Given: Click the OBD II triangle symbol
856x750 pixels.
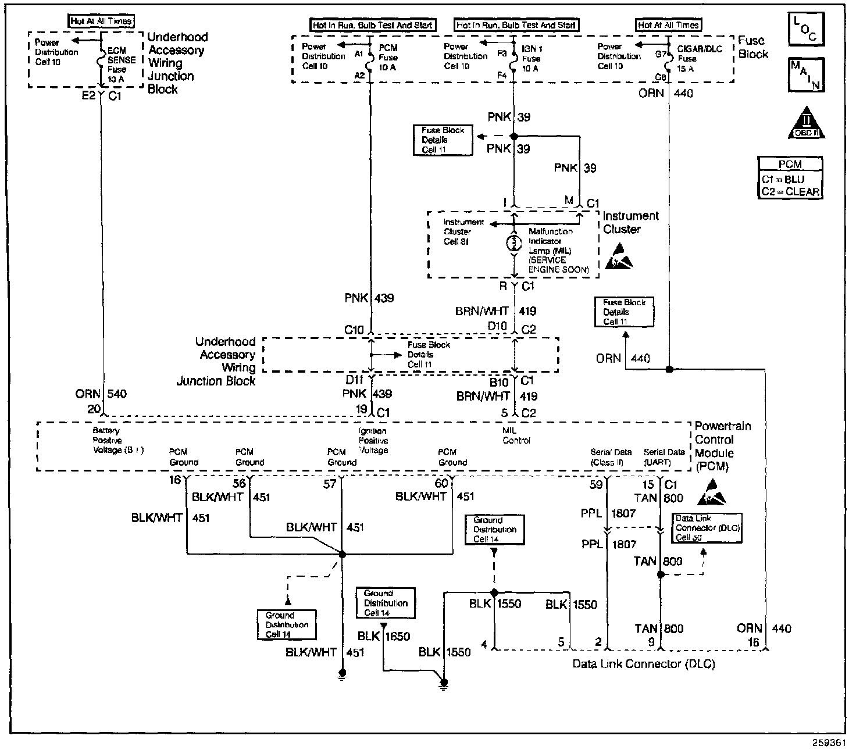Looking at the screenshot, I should [806, 123].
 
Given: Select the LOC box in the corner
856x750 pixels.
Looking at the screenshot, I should [806, 28].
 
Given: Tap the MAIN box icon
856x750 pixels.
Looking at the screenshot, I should [806, 74].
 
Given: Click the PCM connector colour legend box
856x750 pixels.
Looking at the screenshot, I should [790, 178].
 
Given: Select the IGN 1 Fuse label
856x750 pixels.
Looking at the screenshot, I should [531, 59].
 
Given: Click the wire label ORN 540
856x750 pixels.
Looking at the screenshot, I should [101, 394].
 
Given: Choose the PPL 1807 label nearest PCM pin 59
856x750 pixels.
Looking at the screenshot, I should [608, 513].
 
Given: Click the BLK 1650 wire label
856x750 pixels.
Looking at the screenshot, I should [384, 636].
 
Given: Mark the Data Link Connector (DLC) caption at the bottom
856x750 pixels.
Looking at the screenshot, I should [644, 664].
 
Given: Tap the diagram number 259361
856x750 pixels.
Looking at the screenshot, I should [829, 742].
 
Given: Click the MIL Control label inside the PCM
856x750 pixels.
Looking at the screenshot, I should [516, 435].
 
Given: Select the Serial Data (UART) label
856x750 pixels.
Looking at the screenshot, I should [664, 457].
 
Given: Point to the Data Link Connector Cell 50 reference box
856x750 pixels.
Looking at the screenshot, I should [707, 528].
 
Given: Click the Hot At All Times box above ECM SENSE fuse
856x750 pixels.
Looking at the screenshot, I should [101, 21].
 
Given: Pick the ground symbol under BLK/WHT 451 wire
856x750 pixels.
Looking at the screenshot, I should [342, 674].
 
